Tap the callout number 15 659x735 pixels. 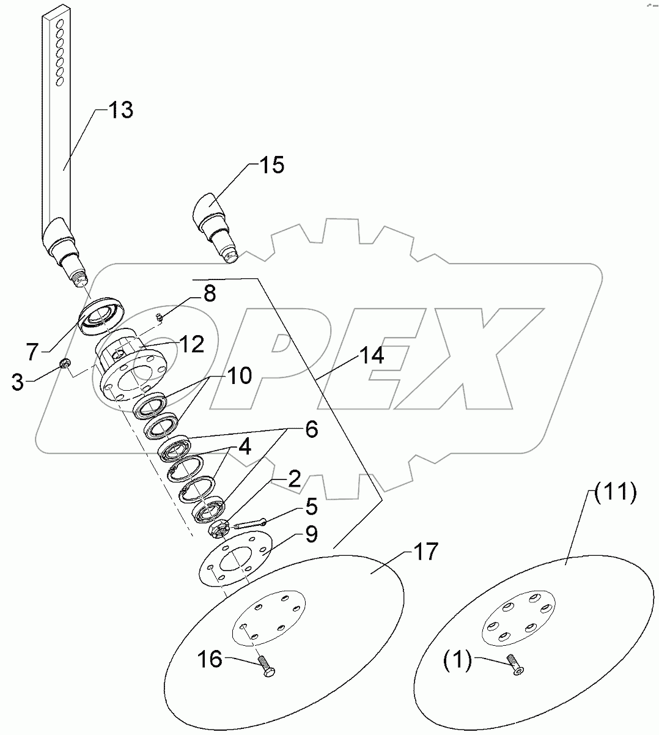point(271,165)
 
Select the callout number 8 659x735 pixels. point(209,294)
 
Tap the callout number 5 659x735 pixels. point(312,507)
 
